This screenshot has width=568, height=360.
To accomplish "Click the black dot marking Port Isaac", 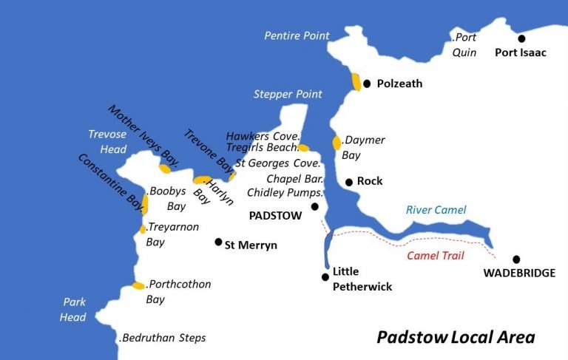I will [x=521, y=38].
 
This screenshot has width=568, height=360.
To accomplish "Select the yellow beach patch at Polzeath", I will [x=356, y=81].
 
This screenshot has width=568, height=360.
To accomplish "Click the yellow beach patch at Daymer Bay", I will [x=337, y=143].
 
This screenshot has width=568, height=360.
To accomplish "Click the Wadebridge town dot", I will [x=516, y=259].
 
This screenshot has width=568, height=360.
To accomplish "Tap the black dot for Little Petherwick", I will [x=325, y=277].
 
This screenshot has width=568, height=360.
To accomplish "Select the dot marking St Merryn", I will [x=218, y=242].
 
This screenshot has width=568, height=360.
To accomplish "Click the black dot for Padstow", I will [x=314, y=207].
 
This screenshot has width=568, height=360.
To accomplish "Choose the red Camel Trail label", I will [x=436, y=257].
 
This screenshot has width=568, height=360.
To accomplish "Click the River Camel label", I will [x=436, y=211].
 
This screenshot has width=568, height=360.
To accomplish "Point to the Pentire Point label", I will [x=297, y=35].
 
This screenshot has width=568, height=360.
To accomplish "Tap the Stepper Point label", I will [x=288, y=94].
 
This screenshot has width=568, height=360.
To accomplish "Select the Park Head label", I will [x=74, y=310].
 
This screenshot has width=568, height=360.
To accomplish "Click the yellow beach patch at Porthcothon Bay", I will [x=138, y=285].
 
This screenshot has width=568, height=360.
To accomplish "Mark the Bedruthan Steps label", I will [x=163, y=338].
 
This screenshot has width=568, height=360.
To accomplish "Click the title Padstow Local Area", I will [x=455, y=337].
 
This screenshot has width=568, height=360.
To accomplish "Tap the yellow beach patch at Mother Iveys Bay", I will [x=165, y=169].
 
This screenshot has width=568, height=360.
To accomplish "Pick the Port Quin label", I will [x=464, y=44].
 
